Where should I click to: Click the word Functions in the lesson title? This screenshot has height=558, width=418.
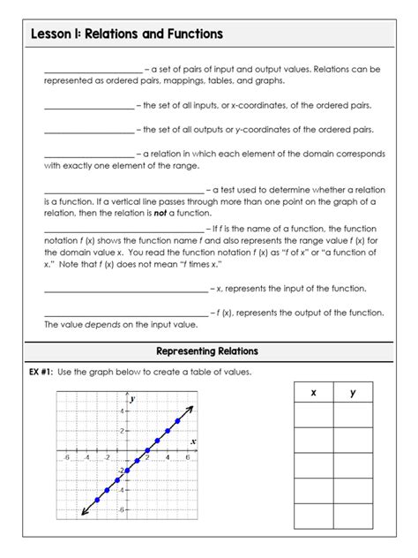tap(188, 34)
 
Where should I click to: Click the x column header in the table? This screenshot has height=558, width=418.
tap(313, 393)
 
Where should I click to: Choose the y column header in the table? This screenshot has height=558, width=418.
tap(353, 393)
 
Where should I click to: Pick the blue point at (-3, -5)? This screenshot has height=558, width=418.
tap(97, 501)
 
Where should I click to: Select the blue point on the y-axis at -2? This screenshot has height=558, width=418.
tap(127, 471)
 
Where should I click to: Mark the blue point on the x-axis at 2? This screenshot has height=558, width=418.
tap(147, 450)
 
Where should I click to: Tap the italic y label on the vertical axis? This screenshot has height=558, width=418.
tap(132, 400)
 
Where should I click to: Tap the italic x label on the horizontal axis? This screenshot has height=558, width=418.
tap(192, 441)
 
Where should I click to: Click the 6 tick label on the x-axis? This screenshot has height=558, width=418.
tap(187, 458)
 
